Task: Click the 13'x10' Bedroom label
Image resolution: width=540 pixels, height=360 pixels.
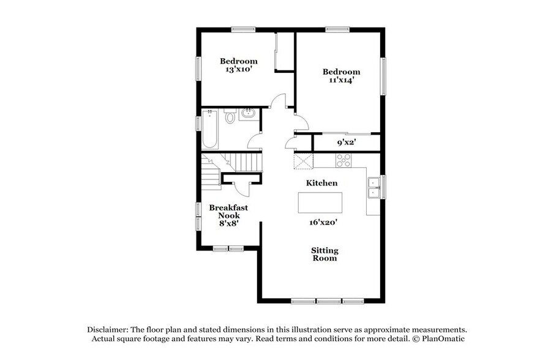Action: click(x=239, y=65)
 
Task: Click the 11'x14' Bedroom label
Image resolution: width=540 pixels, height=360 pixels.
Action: click(x=341, y=76)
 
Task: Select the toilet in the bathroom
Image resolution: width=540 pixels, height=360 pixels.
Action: click(x=230, y=116)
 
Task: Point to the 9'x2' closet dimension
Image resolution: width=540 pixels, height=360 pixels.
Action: click(x=347, y=143)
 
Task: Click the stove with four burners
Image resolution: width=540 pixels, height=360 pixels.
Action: click(x=343, y=161)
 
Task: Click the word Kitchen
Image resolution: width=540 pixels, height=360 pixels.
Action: click(x=321, y=183)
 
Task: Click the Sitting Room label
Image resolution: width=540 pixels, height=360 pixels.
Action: click(x=324, y=254)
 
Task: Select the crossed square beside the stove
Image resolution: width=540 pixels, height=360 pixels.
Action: click(x=303, y=161)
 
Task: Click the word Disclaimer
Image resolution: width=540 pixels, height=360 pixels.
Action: click(x=108, y=329)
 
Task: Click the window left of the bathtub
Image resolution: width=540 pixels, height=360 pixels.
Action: click(x=198, y=122)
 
